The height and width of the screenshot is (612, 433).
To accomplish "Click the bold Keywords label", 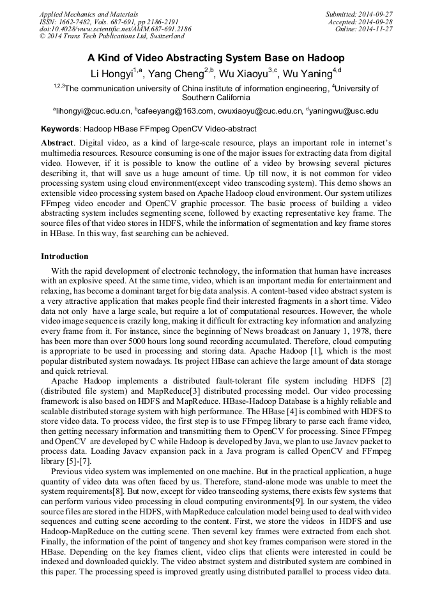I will click(61, 128).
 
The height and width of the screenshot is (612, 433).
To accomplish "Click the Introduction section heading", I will click(65, 257).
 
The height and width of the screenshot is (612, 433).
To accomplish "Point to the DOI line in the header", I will click(115, 29).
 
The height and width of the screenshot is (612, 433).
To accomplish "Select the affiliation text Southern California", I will click(216, 98).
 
